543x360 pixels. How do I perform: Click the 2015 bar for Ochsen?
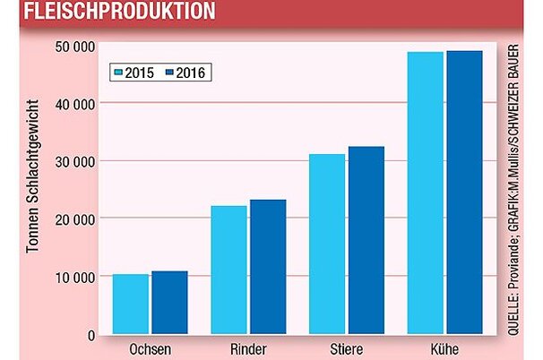pos(131,304)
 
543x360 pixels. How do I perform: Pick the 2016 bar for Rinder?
pos(268,268)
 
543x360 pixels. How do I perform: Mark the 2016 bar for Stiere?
pos(366,241)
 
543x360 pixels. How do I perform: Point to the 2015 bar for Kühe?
pos(426,193)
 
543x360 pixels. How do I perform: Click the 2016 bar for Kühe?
pos(465,193)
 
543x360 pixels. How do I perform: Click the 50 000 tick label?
pos(74,46)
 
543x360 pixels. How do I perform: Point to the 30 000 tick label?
pos(74,161)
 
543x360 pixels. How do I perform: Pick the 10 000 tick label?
pos(74,277)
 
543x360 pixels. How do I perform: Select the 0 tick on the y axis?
pos(90,335)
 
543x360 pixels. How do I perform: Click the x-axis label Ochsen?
pos(150,349)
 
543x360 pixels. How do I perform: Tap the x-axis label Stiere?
pos(347,349)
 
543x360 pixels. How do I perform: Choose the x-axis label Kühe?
pos(445,349)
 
